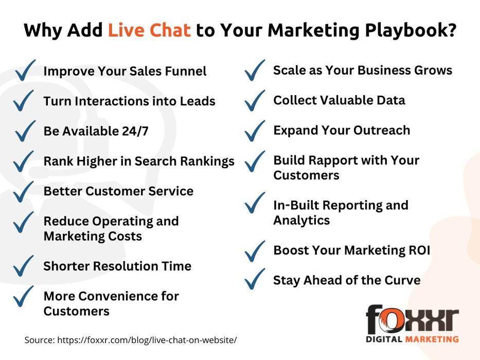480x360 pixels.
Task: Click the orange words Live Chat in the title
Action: (x=149, y=30)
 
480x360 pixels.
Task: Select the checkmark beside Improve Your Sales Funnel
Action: (x=25, y=70)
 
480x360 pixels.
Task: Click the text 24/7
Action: (x=135, y=131)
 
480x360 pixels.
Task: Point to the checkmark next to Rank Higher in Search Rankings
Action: (x=24, y=161)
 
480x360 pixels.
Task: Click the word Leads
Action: (x=198, y=101)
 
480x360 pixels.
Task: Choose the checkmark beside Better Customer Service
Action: (x=24, y=192)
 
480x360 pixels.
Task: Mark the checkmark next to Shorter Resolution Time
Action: (x=24, y=266)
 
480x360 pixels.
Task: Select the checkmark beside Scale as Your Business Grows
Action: (x=255, y=70)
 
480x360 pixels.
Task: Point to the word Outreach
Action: (x=382, y=130)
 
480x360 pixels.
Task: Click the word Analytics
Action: (x=301, y=221)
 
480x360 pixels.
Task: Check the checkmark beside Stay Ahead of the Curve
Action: (x=255, y=279)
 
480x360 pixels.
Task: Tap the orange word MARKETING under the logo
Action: (x=432, y=339)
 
